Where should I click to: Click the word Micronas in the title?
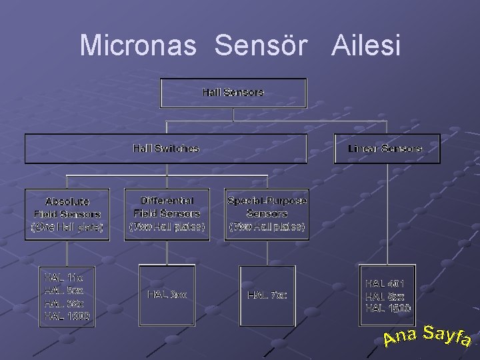(138, 45)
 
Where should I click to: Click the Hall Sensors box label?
(233, 92)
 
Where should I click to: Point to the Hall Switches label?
(166, 148)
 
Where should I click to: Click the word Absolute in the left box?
(67, 201)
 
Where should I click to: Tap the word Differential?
(167, 200)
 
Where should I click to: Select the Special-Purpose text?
(267, 200)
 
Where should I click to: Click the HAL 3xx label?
(167, 293)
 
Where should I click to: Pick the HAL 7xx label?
(267, 294)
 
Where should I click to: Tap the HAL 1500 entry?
(388, 308)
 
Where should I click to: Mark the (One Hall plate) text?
(67, 227)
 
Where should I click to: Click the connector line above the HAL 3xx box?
(167, 253)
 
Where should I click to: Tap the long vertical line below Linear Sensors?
(387, 213)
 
